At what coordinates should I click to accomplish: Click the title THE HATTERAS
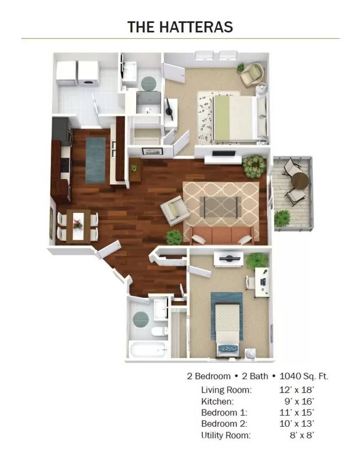coord(180,27)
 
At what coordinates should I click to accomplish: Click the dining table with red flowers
coord(78,225)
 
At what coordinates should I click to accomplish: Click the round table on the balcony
coord(299,181)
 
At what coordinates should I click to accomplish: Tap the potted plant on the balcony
coord(282,218)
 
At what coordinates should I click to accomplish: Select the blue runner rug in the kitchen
coord(95,160)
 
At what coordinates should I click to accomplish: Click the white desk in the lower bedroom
coord(262,282)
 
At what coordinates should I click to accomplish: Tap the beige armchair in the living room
coord(175,210)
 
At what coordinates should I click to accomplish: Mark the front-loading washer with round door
coord(88,74)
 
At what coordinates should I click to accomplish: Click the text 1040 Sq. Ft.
coord(304,376)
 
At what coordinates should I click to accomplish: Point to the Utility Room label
coord(226,435)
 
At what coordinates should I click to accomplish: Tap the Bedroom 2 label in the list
coord(224,424)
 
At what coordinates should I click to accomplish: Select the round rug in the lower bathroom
coord(141,319)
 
